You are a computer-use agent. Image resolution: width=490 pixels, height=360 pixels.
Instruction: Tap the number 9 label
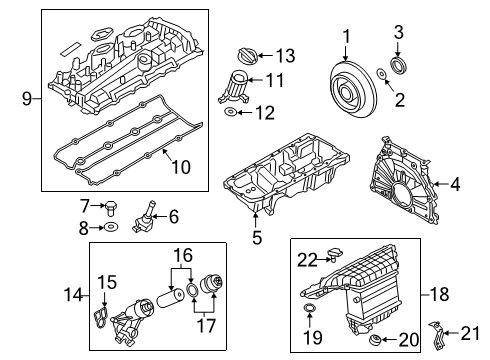pos(26,98)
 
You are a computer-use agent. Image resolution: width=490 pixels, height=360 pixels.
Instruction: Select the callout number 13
pos(285,54)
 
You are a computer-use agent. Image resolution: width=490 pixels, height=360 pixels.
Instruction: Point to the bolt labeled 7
pos(112,208)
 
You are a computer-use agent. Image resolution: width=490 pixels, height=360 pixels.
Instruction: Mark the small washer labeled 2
pos(384,76)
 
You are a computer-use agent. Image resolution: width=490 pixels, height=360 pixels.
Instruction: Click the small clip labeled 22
pos(335,259)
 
